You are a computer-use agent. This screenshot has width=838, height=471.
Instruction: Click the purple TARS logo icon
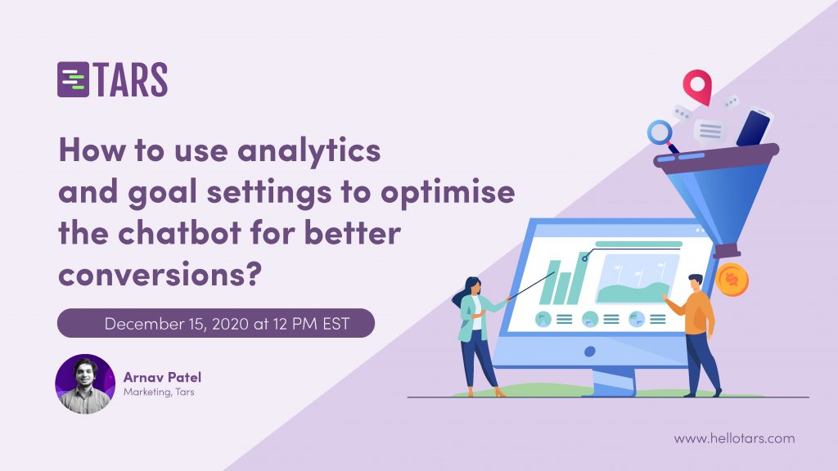(x=73, y=79)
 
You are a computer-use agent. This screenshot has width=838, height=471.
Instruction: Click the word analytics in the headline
(x=309, y=150)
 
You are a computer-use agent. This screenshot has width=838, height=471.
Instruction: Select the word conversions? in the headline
(x=160, y=275)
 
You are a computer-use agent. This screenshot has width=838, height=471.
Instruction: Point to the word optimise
(x=448, y=192)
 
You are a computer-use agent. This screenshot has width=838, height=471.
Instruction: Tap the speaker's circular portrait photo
(x=85, y=384)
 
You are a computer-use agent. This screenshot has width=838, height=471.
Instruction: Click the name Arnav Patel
(x=163, y=377)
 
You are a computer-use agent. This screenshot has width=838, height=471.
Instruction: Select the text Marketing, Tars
(x=159, y=392)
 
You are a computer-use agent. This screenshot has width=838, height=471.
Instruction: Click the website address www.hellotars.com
(x=734, y=438)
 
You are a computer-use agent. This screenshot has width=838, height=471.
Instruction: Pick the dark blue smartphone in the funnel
(x=754, y=128)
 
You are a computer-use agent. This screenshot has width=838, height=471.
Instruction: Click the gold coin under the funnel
(x=732, y=280)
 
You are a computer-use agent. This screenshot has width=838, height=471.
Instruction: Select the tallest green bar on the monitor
(x=581, y=278)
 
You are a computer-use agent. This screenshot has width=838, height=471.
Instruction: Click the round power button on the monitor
(x=590, y=352)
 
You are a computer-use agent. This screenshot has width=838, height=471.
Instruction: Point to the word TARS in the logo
(x=132, y=80)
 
